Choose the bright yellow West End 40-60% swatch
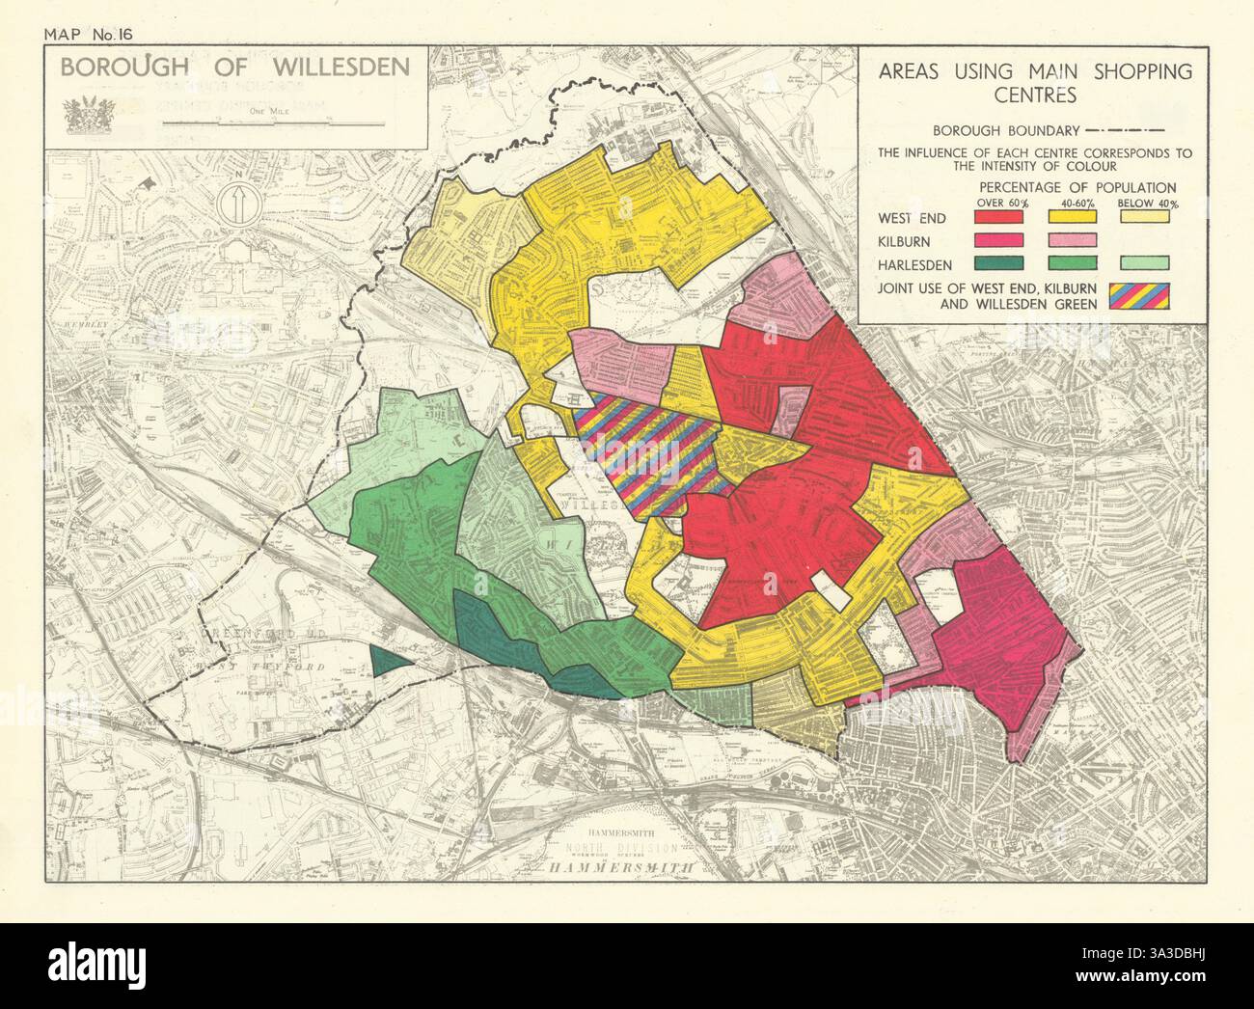point(1074,217)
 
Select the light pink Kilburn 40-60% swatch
point(1074,239)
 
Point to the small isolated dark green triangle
point(387,659)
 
